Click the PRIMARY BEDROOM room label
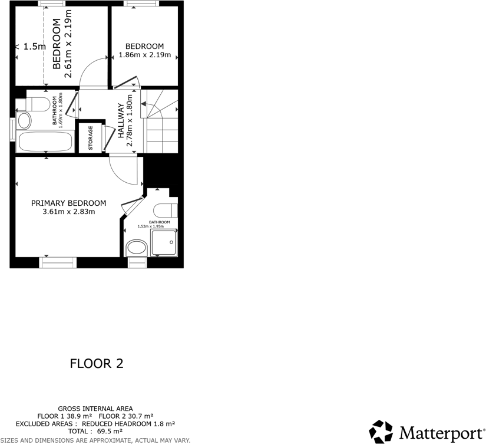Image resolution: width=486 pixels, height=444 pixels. click(x=68, y=203)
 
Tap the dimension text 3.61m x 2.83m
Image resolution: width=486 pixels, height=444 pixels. click(x=68, y=212)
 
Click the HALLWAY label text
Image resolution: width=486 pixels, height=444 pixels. click(x=121, y=121)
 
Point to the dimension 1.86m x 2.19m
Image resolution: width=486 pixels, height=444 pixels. click(x=144, y=55)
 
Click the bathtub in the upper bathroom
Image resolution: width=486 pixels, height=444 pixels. click(x=45, y=142)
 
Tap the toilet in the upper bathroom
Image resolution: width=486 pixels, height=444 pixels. click(x=37, y=105)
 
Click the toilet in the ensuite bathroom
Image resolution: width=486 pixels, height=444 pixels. click(x=164, y=210)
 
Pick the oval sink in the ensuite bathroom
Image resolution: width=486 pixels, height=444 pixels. click(x=137, y=247)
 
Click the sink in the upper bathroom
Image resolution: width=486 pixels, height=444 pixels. click(x=24, y=121)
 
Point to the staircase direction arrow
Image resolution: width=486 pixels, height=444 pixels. click(x=145, y=104)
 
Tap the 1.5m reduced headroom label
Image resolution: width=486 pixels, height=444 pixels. click(x=34, y=47)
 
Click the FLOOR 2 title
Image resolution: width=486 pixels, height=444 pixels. click(x=97, y=363)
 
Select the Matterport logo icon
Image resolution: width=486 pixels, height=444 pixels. click(x=381, y=432)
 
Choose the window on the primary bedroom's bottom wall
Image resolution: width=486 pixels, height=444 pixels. click(x=58, y=262)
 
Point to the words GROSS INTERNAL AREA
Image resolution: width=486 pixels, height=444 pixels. click(x=95, y=408)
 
